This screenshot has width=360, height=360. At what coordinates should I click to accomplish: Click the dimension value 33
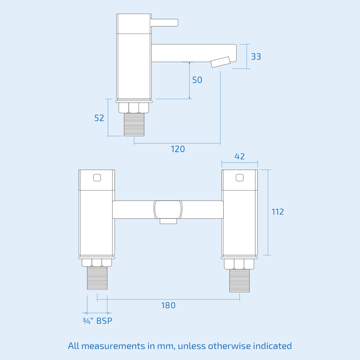point(256,57)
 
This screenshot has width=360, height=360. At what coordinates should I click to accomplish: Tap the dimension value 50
point(197,80)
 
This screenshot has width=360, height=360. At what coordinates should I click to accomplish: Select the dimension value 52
point(99,118)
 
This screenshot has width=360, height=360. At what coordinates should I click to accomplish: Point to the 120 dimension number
point(178,149)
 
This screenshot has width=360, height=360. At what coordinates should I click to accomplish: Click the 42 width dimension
point(239,156)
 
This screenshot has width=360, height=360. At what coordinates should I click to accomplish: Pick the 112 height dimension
point(278,212)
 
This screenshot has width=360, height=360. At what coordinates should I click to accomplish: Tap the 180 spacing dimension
point(168,306)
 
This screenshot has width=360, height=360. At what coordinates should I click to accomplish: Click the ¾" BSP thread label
point(97,321)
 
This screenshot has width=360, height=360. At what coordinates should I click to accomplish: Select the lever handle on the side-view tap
point(165,22)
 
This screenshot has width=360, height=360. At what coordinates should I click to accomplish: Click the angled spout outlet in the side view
point(220,62)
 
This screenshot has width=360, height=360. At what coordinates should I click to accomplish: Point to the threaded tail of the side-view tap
point(134,125)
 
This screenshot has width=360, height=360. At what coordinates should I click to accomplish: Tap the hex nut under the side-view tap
point(134,108)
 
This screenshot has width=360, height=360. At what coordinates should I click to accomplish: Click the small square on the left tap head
point(97,177)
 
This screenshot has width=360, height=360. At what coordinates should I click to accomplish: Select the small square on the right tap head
point(239,177)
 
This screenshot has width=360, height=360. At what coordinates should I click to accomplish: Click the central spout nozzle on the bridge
point(168,221)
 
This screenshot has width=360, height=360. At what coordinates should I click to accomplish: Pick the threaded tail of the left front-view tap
point(97,278)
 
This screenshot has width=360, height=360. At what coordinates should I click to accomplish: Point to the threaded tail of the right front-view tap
point(239,280)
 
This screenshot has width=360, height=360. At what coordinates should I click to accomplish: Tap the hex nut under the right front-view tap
point(239,264)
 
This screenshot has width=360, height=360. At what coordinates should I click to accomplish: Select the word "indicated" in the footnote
point(272,346)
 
